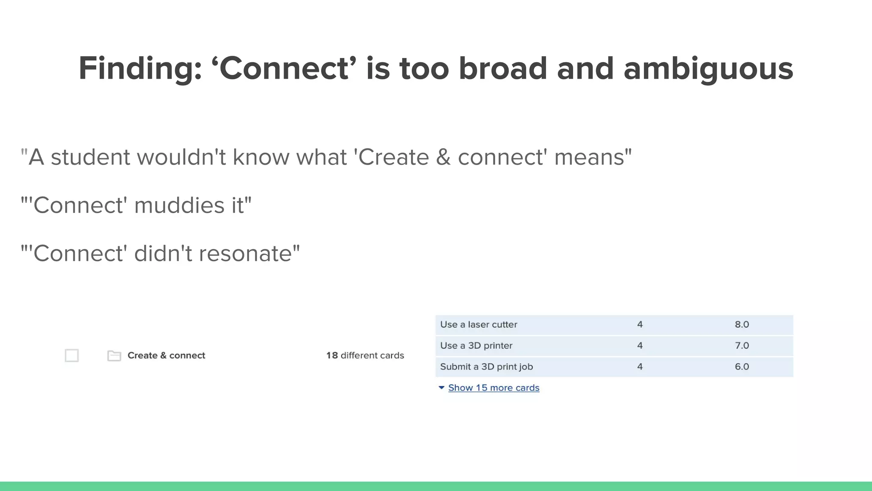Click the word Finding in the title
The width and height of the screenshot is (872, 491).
(140, 69)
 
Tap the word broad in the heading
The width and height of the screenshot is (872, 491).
(502, 69)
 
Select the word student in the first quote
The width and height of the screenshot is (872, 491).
(90, 157)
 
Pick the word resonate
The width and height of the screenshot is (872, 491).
(246, 254)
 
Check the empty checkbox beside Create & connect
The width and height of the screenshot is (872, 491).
(72, 355)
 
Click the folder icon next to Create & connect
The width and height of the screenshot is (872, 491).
(114, 355)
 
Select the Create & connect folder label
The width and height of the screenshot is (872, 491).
(166, 355)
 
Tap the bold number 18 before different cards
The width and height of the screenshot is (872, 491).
(332, 355)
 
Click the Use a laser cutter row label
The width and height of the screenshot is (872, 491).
(479, 325)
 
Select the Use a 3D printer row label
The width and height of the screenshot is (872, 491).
(476, 346)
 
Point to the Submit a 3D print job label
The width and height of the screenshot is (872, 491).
(486, 367)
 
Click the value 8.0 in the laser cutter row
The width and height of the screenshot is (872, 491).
(742, 325)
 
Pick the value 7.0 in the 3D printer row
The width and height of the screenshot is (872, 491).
(742, 346)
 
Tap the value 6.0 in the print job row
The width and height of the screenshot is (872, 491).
(742, 367)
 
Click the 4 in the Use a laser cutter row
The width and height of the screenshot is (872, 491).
(640, 325)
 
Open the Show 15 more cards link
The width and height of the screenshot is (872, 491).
(493, 388)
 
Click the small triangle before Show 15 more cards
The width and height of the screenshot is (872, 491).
(442, 388)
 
